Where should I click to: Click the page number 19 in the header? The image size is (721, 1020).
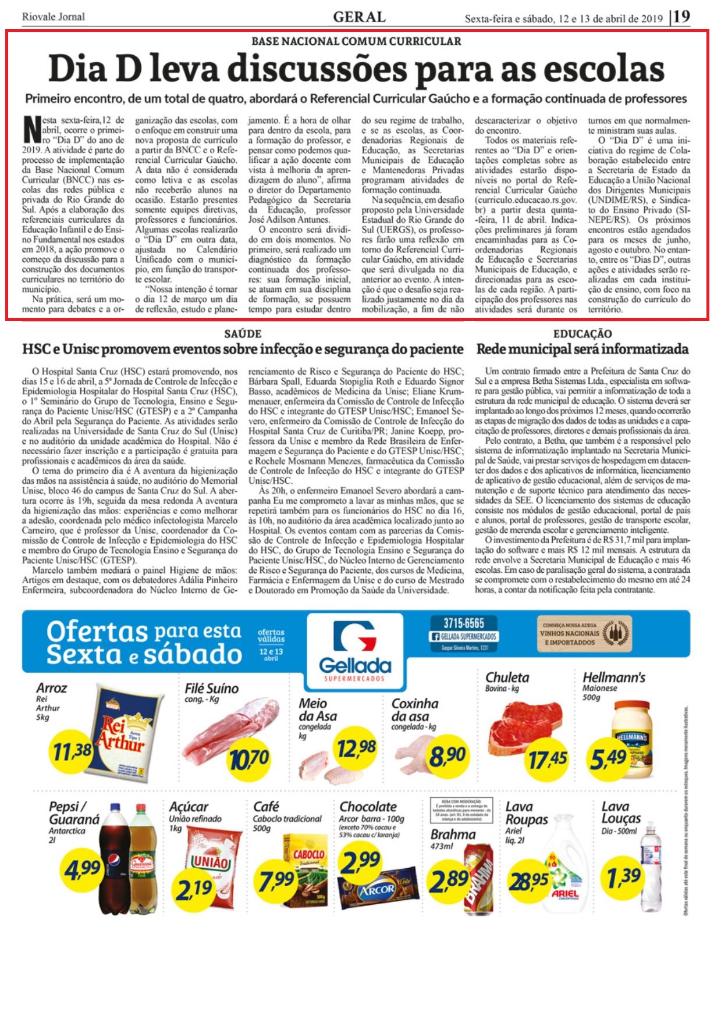681,16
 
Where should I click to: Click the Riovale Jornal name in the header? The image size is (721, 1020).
53,17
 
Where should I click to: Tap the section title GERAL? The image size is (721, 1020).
359,17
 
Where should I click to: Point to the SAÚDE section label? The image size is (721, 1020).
243,334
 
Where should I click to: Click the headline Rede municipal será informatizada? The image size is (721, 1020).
582,349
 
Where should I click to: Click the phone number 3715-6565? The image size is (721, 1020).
463,623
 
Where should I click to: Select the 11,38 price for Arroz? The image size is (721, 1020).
72,751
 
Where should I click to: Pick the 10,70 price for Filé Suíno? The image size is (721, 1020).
248,758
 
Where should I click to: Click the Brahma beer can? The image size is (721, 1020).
478,878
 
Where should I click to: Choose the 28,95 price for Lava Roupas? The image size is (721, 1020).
528,881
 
